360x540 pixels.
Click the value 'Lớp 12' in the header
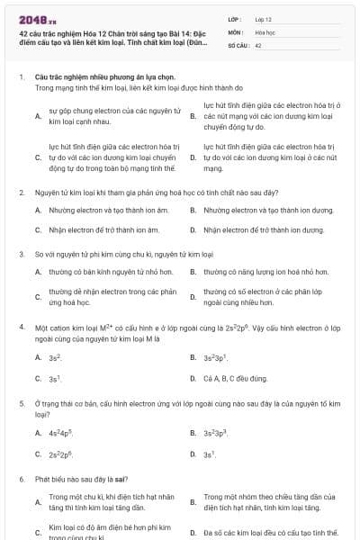263,18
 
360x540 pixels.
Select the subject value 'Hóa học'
265,31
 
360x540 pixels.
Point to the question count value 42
258,45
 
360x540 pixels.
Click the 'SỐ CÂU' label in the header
238,45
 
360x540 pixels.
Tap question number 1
21,77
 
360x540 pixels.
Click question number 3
21,254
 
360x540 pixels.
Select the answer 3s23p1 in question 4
214,357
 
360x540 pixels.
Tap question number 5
21,402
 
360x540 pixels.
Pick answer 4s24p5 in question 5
60,433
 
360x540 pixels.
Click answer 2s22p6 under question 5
60,455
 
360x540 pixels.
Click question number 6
21,481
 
